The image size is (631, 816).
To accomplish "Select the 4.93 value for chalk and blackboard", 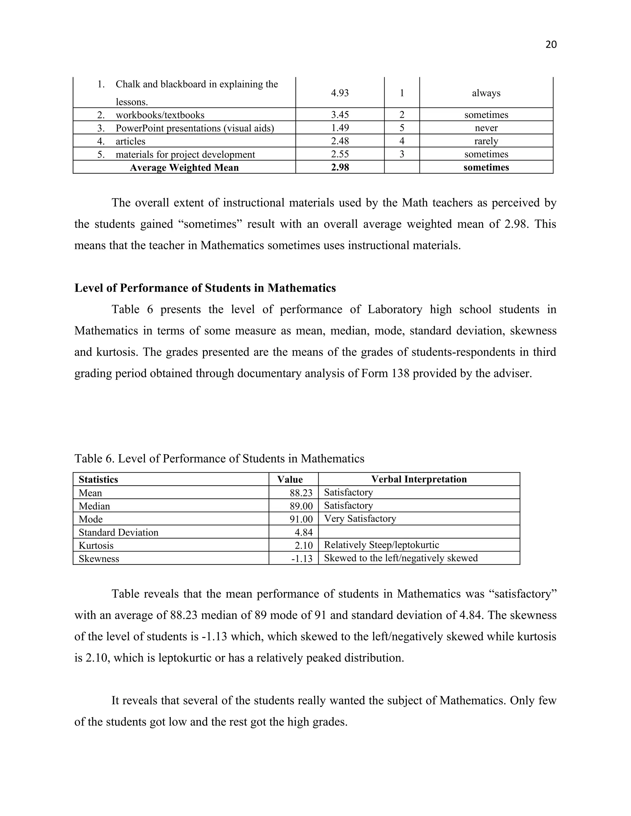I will tap(340, 93).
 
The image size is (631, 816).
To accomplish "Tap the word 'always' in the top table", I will tap(486, 93).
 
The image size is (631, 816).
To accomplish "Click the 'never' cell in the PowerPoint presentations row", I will tap(486, 128).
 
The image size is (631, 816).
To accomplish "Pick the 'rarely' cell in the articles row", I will tap(486, 141).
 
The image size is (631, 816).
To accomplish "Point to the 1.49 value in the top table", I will tap(340, 128).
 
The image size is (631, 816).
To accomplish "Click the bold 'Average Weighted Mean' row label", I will tap(184, 168).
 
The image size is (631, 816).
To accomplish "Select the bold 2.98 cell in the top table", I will tap(340, 168).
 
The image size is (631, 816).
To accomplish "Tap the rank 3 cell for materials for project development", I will tap(402, 154).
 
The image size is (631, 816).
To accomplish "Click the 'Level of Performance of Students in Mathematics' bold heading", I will tap(205, 288).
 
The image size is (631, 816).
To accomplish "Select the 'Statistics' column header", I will tap(98, 479).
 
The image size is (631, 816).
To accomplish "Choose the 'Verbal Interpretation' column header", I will tap(419, 479).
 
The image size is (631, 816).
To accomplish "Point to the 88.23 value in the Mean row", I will tap(301, 493).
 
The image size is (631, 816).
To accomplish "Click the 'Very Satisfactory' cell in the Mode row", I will tap(360, 519).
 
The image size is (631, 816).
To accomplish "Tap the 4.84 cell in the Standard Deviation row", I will tap(303, 532).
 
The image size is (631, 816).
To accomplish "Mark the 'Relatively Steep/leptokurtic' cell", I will tap(381, 545).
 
